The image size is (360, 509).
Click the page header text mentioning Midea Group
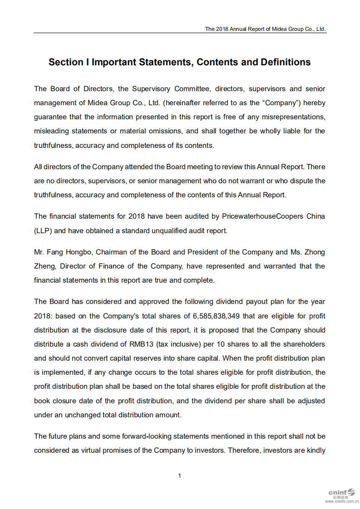pyautogui.click(x=265, y=29)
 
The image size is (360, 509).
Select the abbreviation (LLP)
pyautogui.click(x=43, y=230)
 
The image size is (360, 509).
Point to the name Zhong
pyautogui.click(x=315, y=252)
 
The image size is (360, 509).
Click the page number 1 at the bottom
pyautogui.click(x=180, y=475)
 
